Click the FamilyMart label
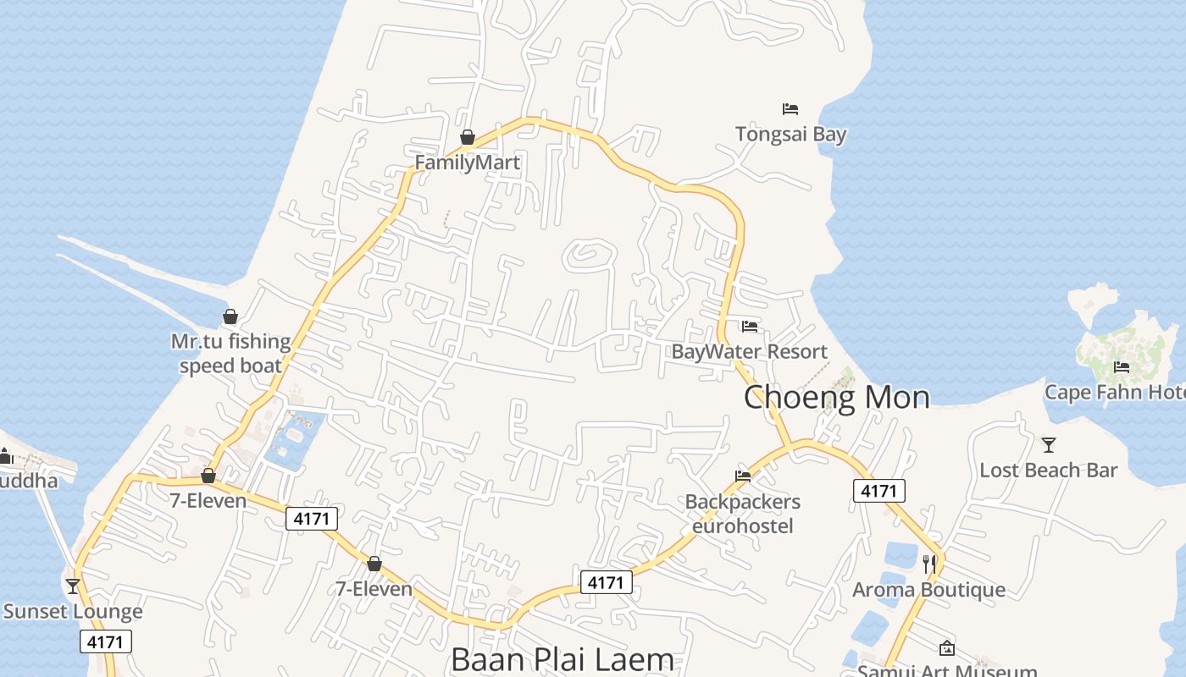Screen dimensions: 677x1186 click(467, 162)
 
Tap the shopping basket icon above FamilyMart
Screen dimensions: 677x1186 click(467, 137)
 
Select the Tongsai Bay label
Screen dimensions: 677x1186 click(790, 134)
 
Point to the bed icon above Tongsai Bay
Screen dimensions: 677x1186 click(790, 109)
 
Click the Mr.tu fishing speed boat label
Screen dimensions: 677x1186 click(230, 353)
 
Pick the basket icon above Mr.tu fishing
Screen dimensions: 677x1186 click(230, 317)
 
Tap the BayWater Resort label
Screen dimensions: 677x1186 click(749, 351)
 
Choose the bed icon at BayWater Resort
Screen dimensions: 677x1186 click(749, 327)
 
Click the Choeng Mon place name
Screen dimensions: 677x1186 click(836, 397)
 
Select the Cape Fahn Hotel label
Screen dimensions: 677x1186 click(1114, 392)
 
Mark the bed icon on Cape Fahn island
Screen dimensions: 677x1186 click(1122, 367)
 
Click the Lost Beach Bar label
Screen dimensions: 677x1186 click(1049, 470)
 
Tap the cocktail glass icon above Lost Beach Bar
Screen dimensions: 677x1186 click(1049, 444)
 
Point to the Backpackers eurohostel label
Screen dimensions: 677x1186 click(743, 514)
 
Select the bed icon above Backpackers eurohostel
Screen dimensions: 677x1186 click(743, 476)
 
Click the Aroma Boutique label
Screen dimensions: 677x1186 click(928, 589)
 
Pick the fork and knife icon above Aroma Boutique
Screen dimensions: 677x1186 click(928, 563)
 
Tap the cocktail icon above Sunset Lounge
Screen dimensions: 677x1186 click(73, 586)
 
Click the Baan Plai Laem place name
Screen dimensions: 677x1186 click(563, 659)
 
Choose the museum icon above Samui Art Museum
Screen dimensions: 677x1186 click(947, 648)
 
